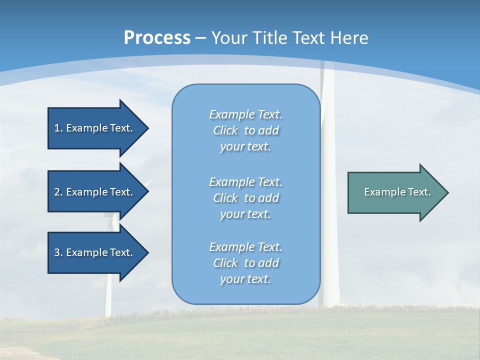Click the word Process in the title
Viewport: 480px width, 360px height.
coord(157,38)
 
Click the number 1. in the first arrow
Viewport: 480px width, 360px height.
coord(58,128)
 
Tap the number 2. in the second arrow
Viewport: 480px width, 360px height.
coord(58,192)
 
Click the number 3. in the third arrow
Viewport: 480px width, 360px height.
coord(58,252)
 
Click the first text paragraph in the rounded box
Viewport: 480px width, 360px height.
coord(245,130)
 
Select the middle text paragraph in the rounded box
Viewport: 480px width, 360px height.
coord(245,198)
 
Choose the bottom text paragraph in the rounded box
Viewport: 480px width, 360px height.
coord(245,263)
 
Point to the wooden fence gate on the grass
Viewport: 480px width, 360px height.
coord(90,322)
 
